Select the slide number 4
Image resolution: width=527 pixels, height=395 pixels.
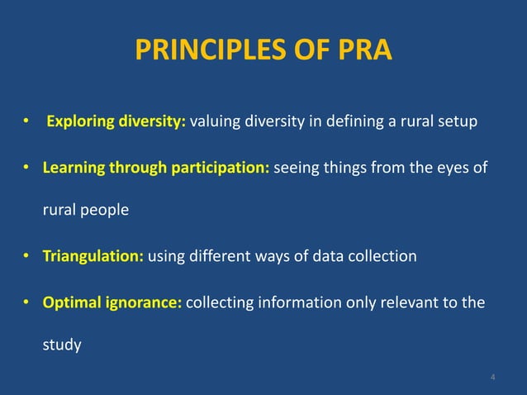pos(493,378)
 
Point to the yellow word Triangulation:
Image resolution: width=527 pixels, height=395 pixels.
pos(93,256)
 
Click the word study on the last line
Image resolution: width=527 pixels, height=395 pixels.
pos(62,345)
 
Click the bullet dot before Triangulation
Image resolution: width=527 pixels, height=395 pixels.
pos(26,256)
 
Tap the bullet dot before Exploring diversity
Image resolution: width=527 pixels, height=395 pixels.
pos(26,123)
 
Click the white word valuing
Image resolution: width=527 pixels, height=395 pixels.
pos(216,123)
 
